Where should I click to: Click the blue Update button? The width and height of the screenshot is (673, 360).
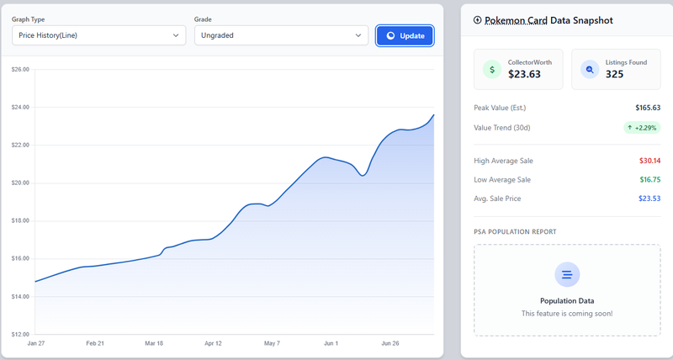pyautogui.click(x=405, y=35)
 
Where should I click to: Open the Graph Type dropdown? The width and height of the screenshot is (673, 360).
pyautogui.click(x=98, y=35)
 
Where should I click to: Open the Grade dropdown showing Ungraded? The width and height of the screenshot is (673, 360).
pyautogui.click(x=281, y=35)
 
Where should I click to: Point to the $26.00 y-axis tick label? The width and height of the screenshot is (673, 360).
pyautogui.click(x=20, y=69)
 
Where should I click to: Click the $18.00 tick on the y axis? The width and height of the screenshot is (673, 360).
pyautogui.click(x=20, y=221)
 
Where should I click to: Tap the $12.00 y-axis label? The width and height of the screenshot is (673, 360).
pyautogui.click(x=20, y=334)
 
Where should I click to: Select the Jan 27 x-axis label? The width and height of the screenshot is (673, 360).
pyautogui.click(x=36, y=343)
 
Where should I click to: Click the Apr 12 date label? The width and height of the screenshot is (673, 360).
pyautogui.click(x=213, y=343)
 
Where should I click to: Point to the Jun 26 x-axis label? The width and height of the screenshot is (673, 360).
pyautogui.click(x=390, y=343)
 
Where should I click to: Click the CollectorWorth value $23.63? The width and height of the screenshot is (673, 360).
pyautogui.click(x=524, y=74)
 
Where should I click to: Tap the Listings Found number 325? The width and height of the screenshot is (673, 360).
pyautogui.click(x=614, y=74)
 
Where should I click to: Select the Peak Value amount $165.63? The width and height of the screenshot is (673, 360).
pyautogui.click(x=648, y=108)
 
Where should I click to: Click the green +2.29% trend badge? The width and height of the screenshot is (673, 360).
pyautogui.click(x=642, y=128)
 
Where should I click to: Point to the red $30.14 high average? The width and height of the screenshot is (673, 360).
pyautogui.click(x=649, y=161)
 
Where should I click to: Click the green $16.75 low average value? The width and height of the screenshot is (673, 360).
pyautogui.click(x=649, y=180)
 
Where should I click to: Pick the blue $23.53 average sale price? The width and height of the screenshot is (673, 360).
pyautogui.click(x=649, y=199)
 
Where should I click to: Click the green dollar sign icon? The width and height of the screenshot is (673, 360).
pyautogui.click(x=492, y=69)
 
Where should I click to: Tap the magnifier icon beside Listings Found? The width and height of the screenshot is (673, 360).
pyautogui.click(x=590, y=69)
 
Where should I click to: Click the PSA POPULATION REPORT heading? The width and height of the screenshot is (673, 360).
pyautogui.click(x=515, y=231)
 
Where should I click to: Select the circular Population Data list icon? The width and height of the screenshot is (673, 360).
pyautogui.click(x=567, y=274)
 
